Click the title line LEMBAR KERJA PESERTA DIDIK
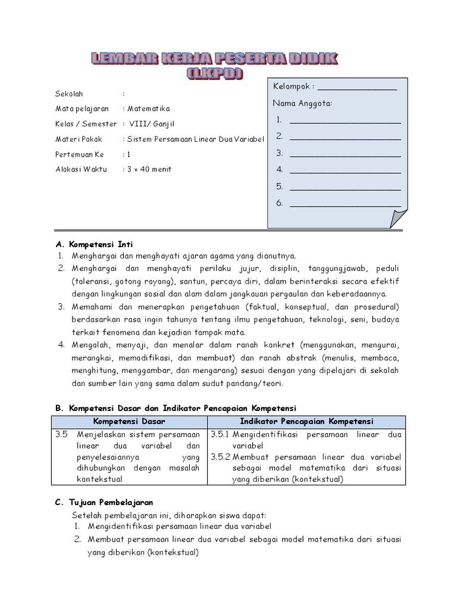215,58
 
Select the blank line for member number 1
345,120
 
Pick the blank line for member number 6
345,203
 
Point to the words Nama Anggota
302,104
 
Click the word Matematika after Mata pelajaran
149,109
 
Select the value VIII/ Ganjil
149,124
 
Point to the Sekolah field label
70,94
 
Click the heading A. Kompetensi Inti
94,244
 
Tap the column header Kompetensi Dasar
129,421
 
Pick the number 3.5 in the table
62,434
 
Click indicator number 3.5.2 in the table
220,457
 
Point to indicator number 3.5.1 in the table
220,434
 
